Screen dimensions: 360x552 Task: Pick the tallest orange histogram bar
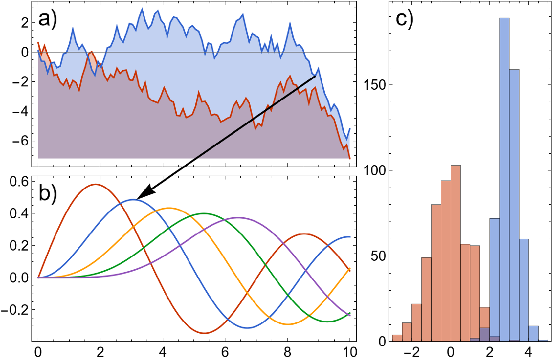456,253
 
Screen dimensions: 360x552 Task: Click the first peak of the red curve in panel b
96,184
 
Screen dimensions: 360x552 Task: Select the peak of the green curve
204,213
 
